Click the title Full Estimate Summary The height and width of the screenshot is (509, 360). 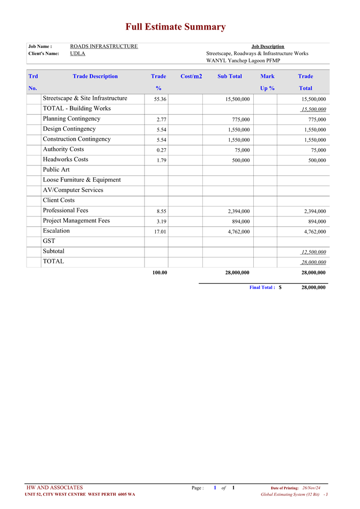[x=176, y=27]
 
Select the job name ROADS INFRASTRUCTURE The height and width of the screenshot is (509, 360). [x=104, y=46]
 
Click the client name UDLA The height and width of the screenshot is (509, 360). [x=78, y=54]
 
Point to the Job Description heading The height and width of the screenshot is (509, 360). [x=268, y=46]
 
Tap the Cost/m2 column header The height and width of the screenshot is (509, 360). [x=191, y=77]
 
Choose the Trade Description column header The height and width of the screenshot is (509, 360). [x=95, y=77]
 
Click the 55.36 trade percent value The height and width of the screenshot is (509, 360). [x=160, y=99]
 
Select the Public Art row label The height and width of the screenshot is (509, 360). [x=56, y=169]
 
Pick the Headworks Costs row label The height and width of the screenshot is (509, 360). [x=65, y=159]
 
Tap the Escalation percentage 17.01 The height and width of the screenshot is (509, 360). [x=160, y=232]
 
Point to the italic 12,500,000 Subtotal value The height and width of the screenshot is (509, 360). [x=314, y=252]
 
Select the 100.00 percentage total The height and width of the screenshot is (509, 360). [x=159, y=273]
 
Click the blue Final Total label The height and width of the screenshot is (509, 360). [x=262, y=287]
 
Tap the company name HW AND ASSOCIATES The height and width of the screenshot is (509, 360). [x=54, y=488]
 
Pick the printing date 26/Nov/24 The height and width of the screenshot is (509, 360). [x=311, y=488]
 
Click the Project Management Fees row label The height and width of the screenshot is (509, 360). [x=76, y=221]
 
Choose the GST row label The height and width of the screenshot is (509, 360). [x=49, y=241]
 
